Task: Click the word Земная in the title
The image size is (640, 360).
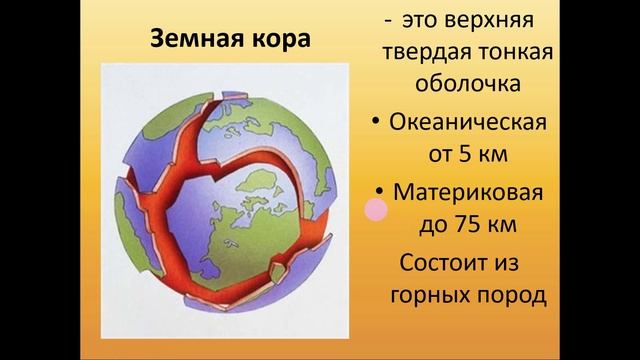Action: tap(192, 41)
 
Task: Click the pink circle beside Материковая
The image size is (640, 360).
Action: tap(375, 209)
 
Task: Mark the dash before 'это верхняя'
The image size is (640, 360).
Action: tap(387, 20)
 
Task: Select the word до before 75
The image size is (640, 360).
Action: tap(427, 224)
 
